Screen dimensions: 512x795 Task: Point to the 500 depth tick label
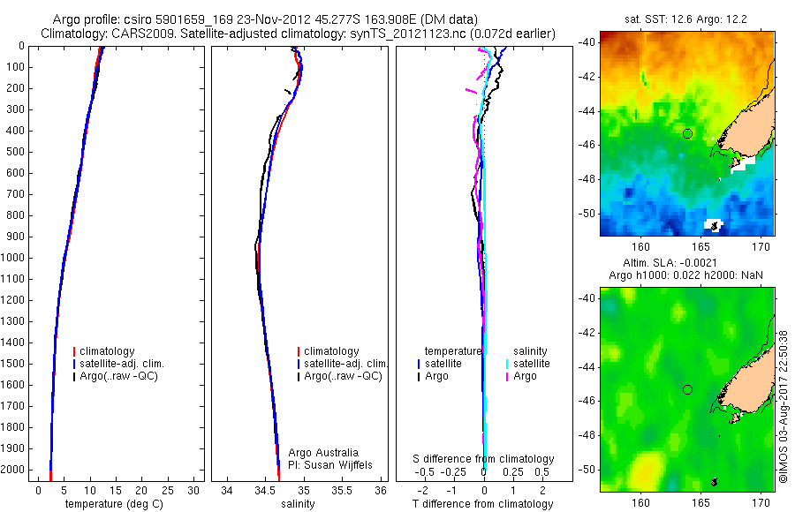[15, 152]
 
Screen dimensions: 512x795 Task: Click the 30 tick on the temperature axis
[195, 490]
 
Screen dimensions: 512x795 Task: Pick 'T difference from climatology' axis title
[482, 504]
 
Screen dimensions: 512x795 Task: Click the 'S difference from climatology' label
[484, 459]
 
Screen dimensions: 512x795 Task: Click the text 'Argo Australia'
[323, 453]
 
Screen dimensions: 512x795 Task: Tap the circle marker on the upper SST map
[687, 133]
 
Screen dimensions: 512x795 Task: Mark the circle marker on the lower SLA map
[687, 389]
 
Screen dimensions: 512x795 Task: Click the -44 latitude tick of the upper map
[587, 110]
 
